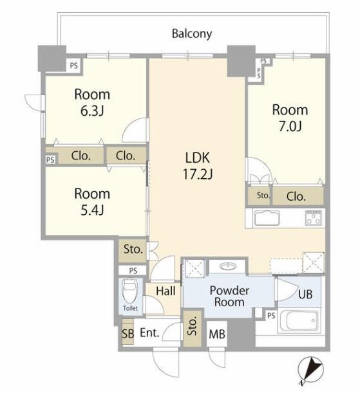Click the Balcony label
click(192, 34)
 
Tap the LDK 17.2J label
click(198, 166)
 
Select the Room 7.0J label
click(290, 118)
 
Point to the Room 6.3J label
click(92, 102)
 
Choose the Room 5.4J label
click(92, 202)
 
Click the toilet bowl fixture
click(129, 291)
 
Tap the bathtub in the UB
click(300, 321)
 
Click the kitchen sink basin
click(267, 218)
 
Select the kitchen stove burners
click(313, 218)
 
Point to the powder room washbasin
click(228, 266)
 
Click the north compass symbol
click(310, 370)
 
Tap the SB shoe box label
click(128, 333)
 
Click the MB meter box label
click(217, 334)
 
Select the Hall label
click(166, 291)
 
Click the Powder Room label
click(229, 296)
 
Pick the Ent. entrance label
click(149, 333)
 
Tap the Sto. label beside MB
click(192, 327)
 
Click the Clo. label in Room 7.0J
click(296, 197)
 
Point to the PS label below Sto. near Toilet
click(133, 271)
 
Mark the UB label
click(305, 294)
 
